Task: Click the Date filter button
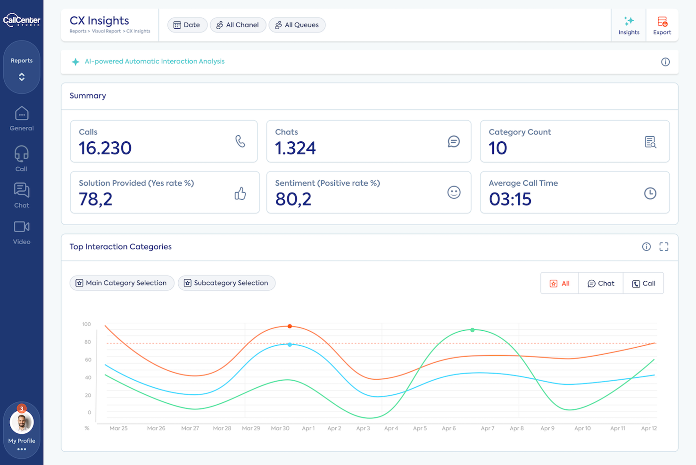[x=187, y=25]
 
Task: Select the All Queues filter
[x=297, y=25]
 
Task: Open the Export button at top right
[x=662, y=25]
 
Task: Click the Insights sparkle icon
[x=629, y=21]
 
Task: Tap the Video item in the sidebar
[x=22, y=232]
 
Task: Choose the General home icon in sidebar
[x=22, y=114]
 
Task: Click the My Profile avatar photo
[x=22, y=423]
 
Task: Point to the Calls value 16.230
[x=105, y=148]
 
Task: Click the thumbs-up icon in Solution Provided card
[x=240, y=193]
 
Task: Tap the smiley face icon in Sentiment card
[x=454, y=192]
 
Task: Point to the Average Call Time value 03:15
[x=510, y=199]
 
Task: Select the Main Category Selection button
[x=122, y=283]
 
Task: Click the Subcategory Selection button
[x=226, y=283]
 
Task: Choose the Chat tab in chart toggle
[x=601, y=284]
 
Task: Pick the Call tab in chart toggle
[x=644, y=284]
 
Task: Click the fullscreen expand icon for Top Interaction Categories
[x=664, y=246]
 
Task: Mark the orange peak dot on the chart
[x=290, y=326]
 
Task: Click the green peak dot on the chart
[x=472, y=330]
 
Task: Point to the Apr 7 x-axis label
[x=488, y=428]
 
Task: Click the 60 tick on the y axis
[x=88, y=360]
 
